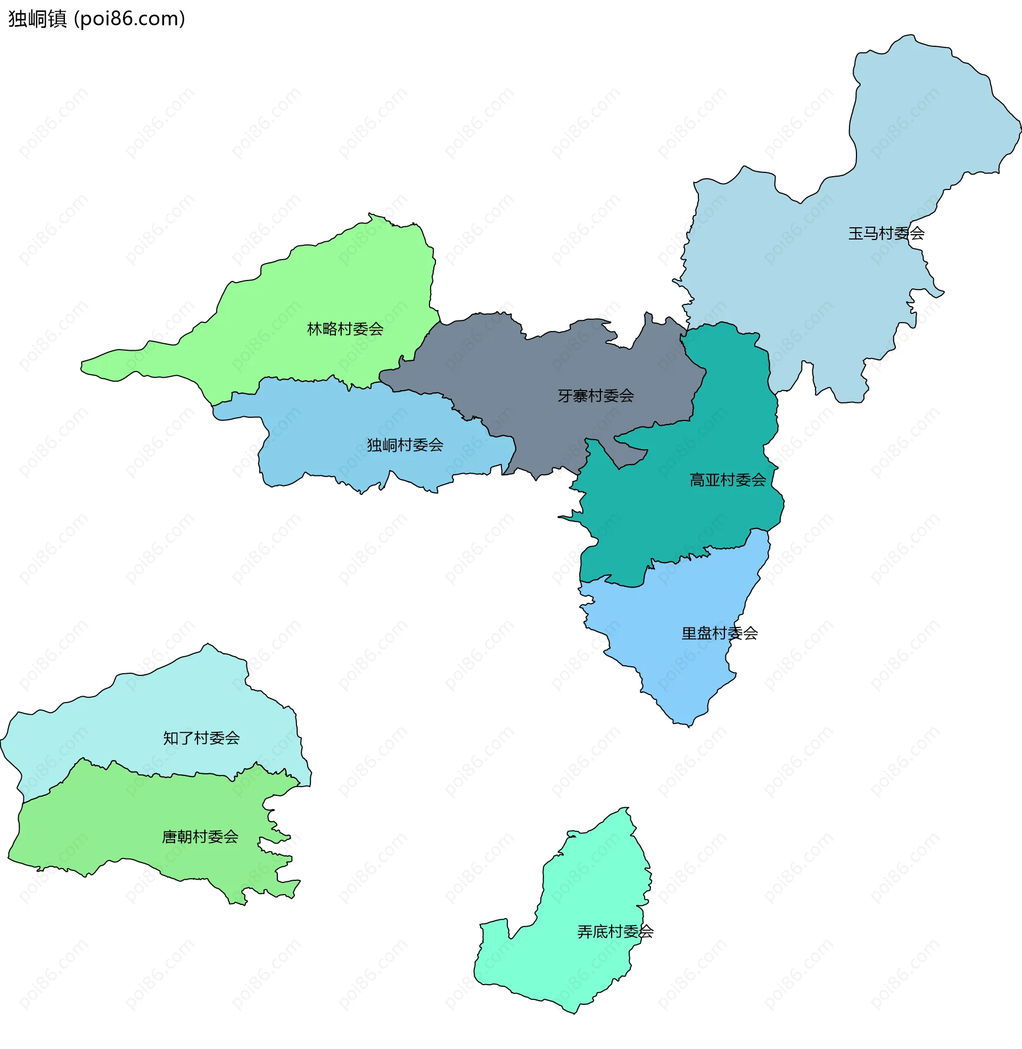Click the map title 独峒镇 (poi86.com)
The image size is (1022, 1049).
(97, 19)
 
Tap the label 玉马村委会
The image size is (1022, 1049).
(886, 234)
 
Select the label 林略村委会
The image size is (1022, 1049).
(344, 329)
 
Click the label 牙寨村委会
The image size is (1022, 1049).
(595, 396)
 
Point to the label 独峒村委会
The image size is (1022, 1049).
(405, 445)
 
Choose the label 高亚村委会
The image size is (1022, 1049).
(727, 480)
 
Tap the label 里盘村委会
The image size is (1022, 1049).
(719, 633)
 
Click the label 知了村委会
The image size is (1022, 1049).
(201, 738)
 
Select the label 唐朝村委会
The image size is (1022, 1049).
(200, 837)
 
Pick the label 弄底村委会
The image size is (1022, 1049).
(615, 931)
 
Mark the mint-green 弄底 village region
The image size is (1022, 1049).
(580, 966)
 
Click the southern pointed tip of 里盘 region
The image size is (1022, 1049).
(689, 726)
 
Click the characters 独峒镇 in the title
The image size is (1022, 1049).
(38, 19)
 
